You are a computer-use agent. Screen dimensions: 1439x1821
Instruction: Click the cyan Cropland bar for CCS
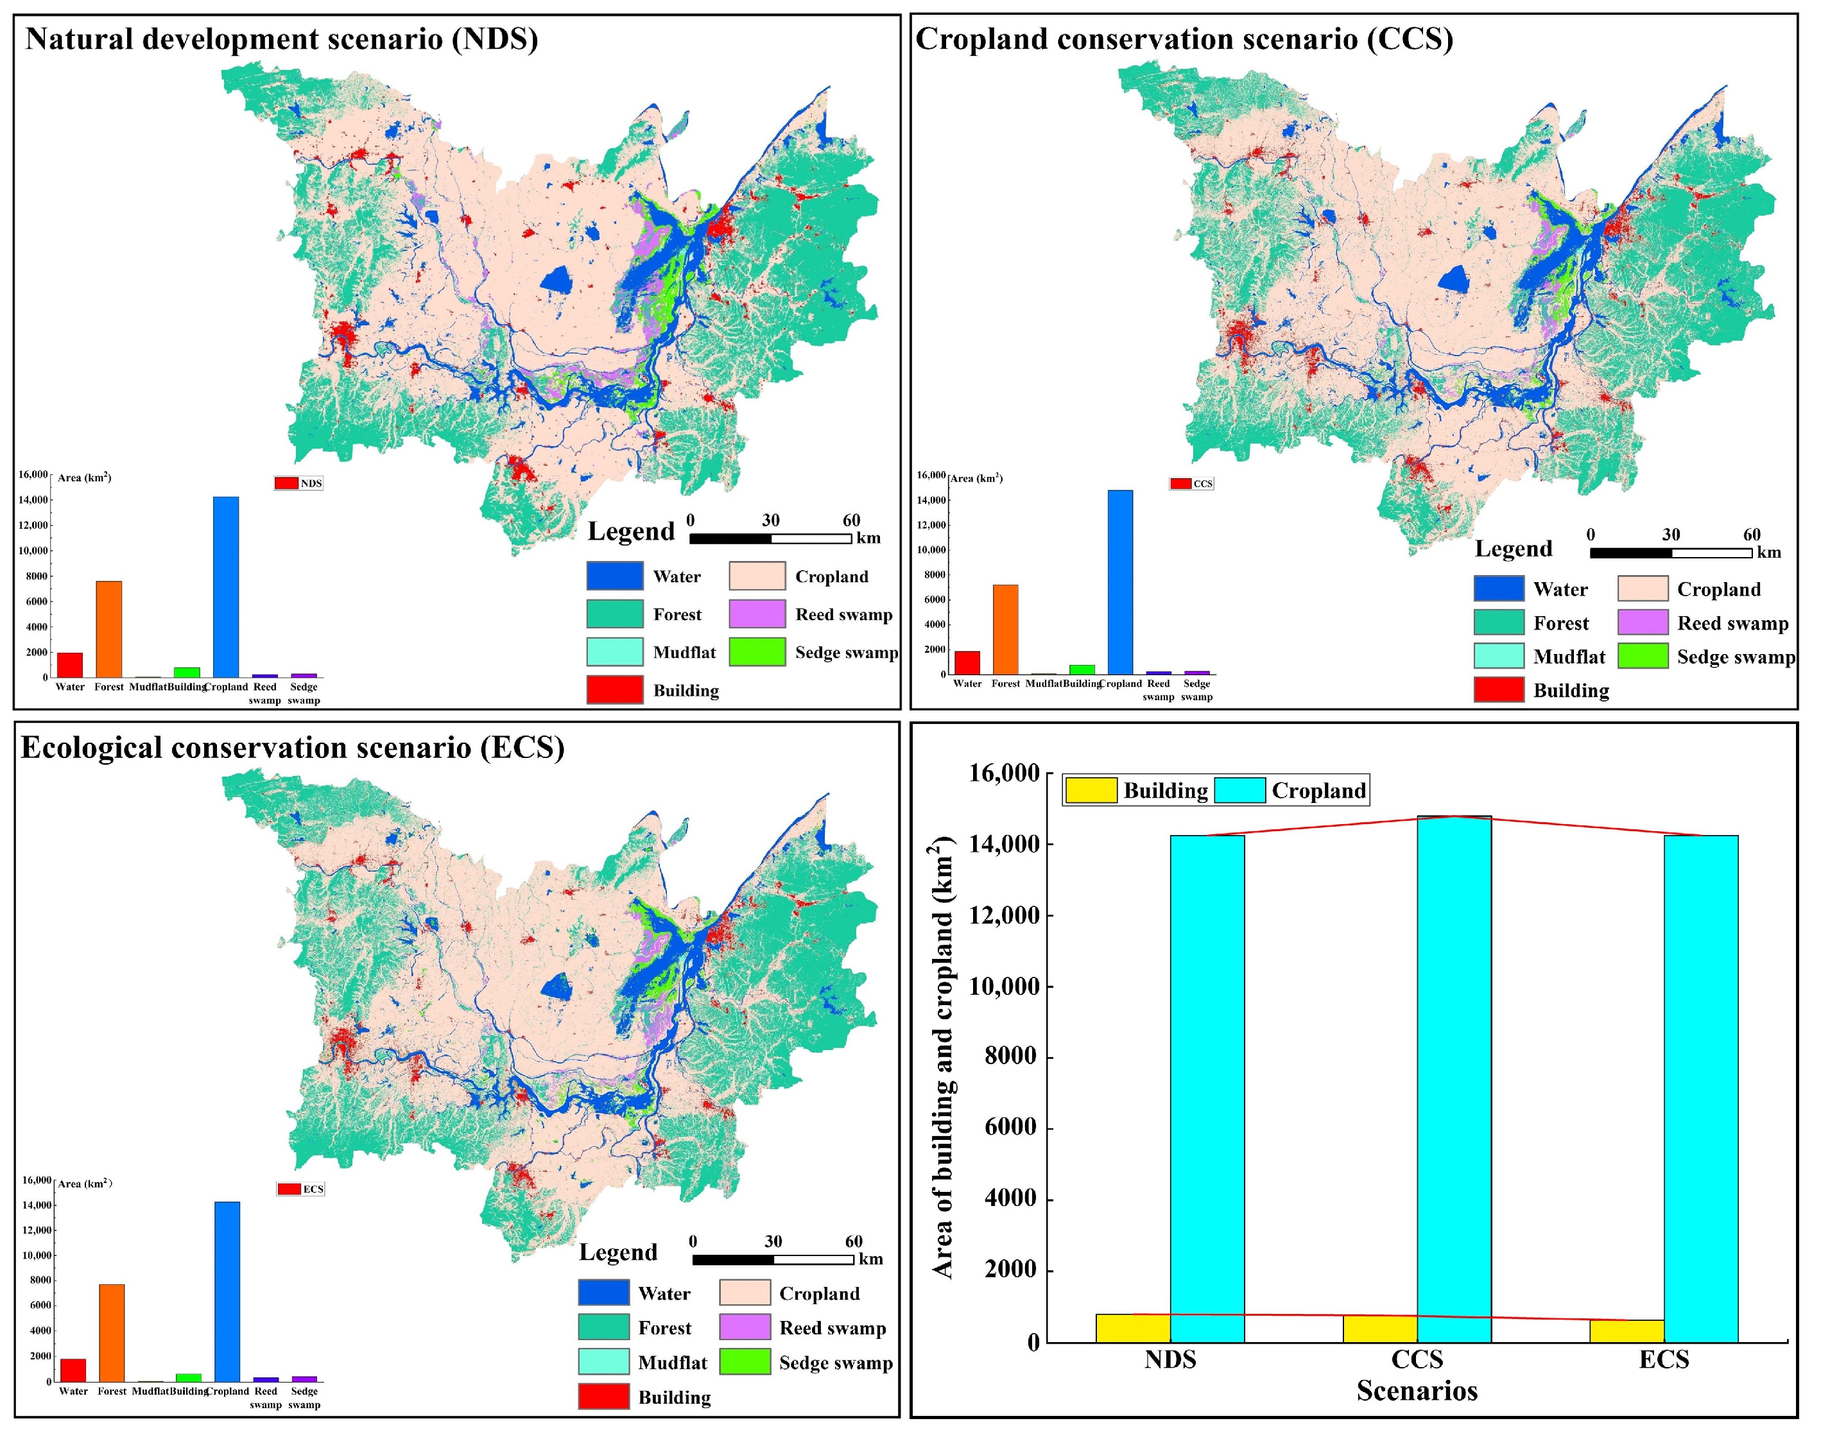[x=1454, y=1078]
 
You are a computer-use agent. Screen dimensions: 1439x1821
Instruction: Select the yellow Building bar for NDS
[x=1132, y=1328]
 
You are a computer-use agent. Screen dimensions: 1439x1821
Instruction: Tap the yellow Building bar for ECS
[x=1627, y=1331]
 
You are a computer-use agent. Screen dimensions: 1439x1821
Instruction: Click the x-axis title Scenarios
[x=1417, y=1390]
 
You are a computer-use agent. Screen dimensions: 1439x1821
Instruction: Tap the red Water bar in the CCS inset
[x=967, y=662]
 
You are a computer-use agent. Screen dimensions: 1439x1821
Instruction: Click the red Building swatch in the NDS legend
[x=614, y=689]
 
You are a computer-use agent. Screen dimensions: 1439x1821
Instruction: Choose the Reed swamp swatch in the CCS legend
[x=1643, y=623]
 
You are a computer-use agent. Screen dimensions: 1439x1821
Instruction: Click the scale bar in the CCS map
[x=1670, y=553]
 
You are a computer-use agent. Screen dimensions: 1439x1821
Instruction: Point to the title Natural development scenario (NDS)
[x=281, y=39]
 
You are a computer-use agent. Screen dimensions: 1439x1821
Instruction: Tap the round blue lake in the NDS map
[x=555, y=280]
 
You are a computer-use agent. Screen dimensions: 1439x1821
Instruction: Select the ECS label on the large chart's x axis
[x=1664, y=1359]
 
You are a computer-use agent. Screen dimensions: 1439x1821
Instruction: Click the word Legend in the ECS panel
[x=617, y=1252]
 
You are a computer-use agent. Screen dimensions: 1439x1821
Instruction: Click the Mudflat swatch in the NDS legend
[x=614, y=651]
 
